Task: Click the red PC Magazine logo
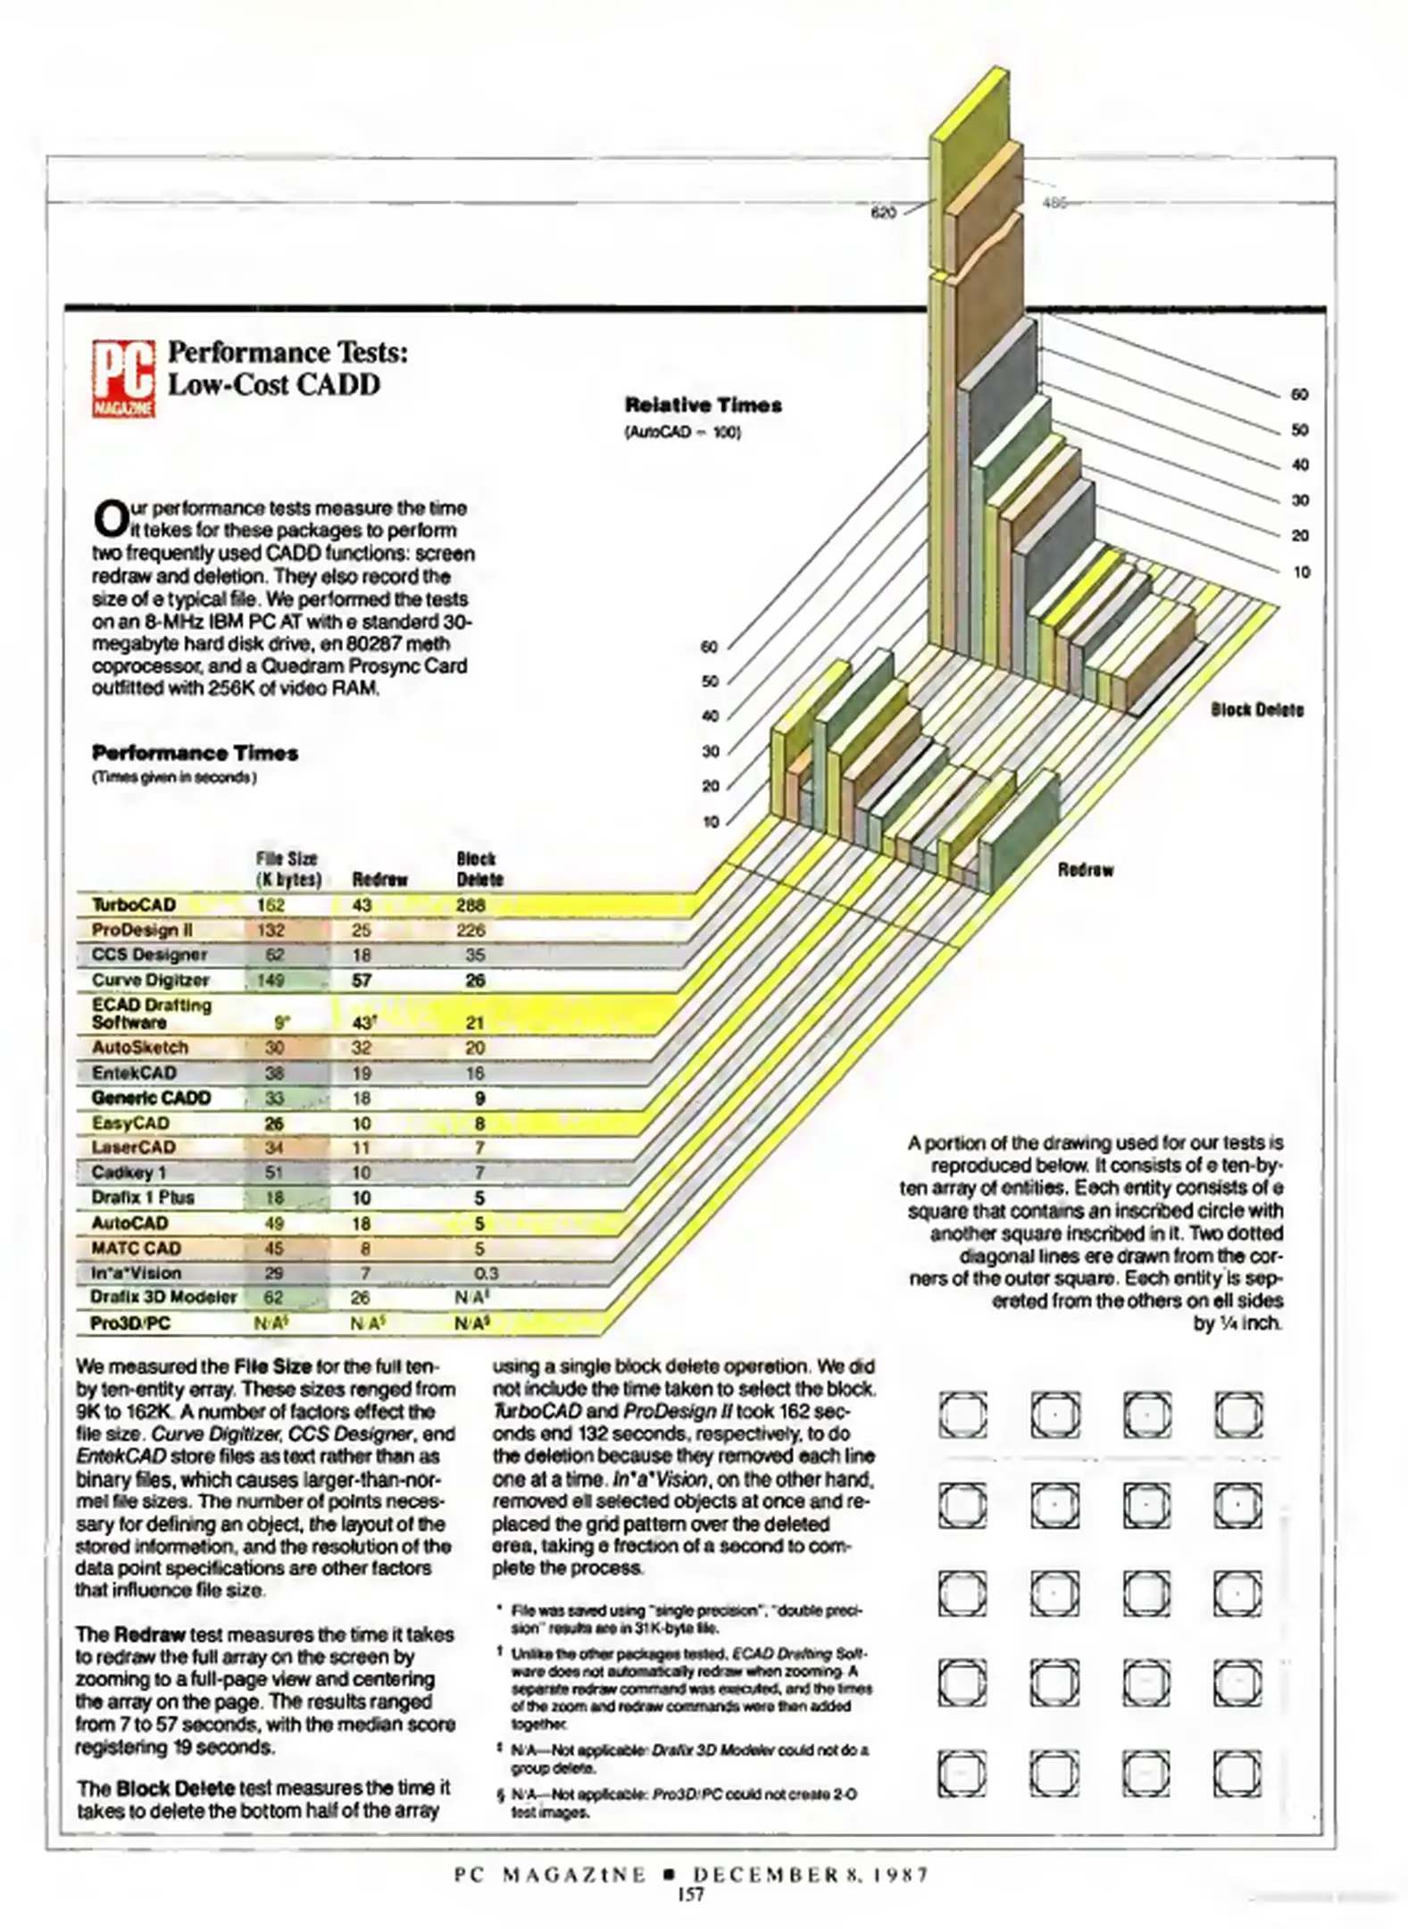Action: (123, 379)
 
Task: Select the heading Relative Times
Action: (703, 405)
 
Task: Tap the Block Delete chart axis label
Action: (1256, 710)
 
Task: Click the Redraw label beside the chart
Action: (1085, 870)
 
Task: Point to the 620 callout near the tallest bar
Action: (883, 213)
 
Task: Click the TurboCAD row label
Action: (134, 906)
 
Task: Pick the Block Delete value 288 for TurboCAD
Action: (471, 906)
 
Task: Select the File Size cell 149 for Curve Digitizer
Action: (271, 981)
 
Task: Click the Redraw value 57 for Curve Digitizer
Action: (362, 981)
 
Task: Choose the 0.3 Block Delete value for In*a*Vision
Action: (486, 1273)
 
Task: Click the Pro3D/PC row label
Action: (130, 1324)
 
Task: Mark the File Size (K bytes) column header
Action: (287, 869)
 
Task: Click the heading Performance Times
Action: (195, 754)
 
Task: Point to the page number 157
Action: (691, 1894)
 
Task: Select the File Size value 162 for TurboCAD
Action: (271, 906)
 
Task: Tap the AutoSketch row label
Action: (140, 1048)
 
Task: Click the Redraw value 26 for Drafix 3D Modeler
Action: (362, 1298)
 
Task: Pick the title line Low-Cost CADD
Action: (274, 385)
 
